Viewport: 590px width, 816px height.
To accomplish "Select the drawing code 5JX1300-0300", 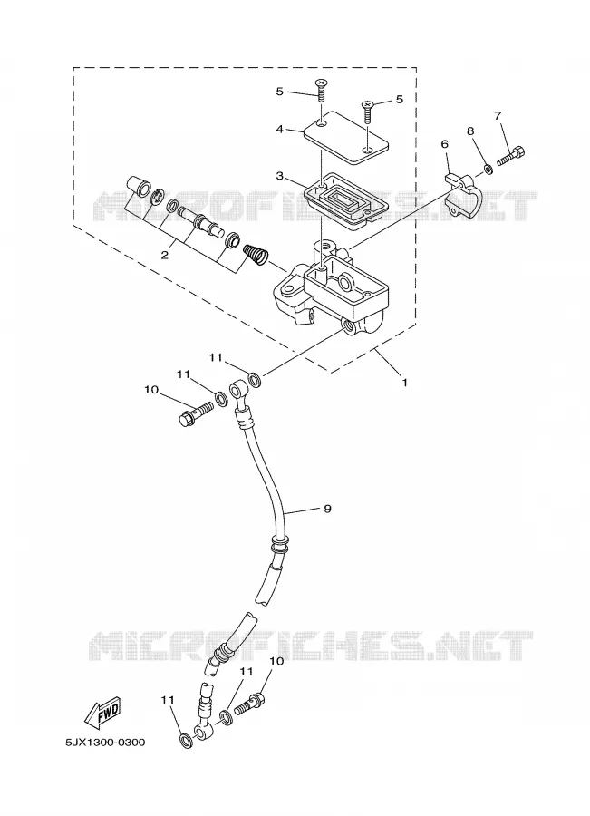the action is point(105,742).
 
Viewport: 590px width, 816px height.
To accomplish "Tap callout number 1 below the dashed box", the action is point(404,383).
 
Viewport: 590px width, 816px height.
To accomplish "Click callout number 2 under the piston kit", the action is point(165,255).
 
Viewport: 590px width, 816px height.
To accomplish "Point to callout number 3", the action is point(280,176).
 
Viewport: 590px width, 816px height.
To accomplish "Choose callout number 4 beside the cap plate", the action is point(280,129).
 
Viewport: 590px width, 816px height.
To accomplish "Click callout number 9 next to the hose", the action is point(327,509).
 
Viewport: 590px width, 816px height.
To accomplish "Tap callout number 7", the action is point(498,114).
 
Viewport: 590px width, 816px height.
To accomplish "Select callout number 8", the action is point(471,131).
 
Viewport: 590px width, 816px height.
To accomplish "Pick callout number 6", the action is point(444,144).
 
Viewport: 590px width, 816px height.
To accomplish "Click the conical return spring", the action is point(256,255).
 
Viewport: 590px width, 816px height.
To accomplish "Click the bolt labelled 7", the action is point(511,156).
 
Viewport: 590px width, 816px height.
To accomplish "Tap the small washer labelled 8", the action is point(488,169).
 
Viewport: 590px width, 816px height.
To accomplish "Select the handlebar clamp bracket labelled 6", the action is point(464,196).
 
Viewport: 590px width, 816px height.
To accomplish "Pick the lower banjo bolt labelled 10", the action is point(250,704).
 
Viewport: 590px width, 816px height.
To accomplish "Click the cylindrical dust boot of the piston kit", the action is point(139,187).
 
